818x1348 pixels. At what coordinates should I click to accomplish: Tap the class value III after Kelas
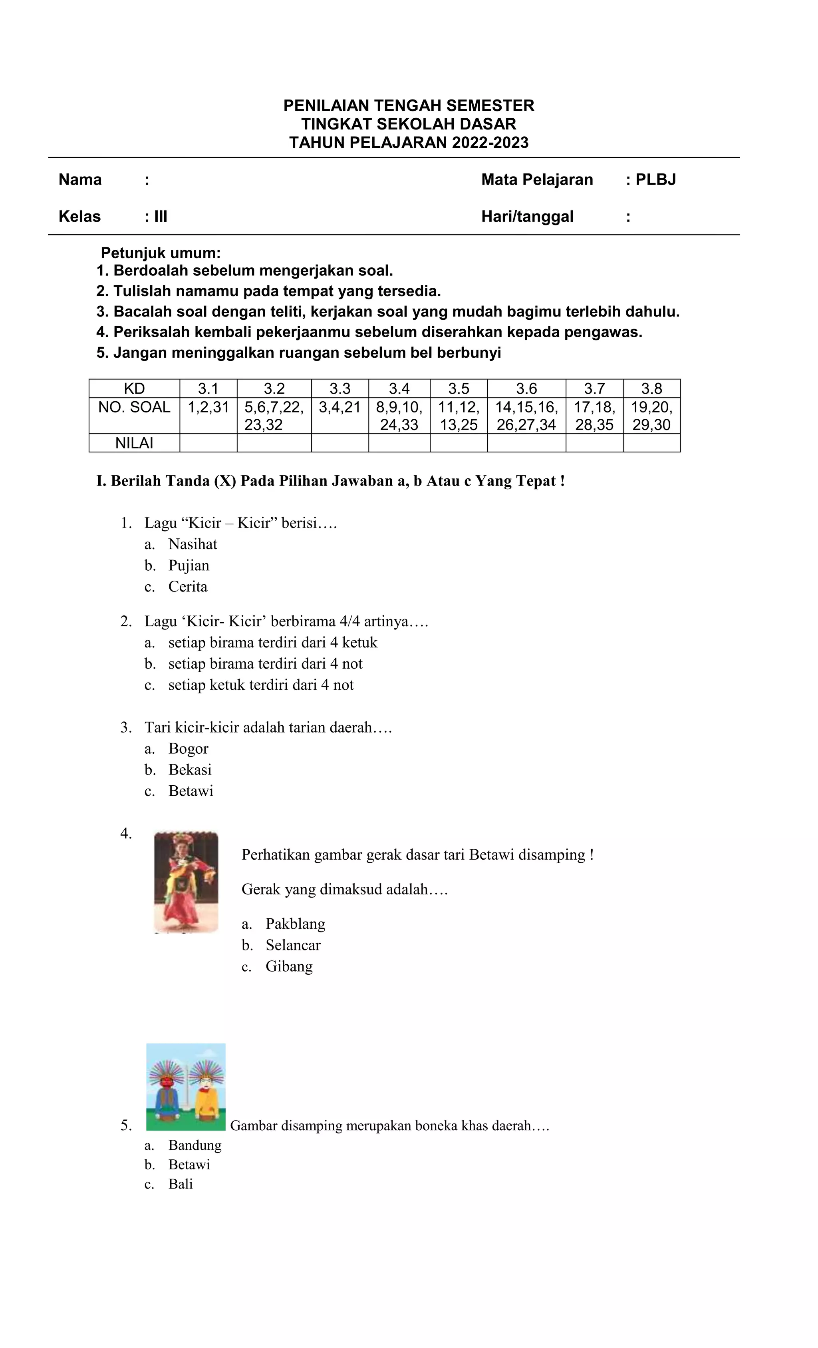tap(160, 217)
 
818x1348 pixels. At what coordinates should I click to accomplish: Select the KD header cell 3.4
tap(399, 388)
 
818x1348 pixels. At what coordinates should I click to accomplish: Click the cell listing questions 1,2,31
tap(208, 407)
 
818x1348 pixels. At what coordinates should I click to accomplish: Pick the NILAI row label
tap(134, 443)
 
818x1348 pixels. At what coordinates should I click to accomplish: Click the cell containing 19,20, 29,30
tap(651, 416)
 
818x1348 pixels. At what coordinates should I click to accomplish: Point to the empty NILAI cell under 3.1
tap(208, 443)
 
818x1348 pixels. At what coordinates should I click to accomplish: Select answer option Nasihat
tap(193, 544)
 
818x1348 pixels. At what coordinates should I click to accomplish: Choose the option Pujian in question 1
tap(189, 565)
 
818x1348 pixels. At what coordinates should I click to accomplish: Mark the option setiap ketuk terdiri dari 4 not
tap(261, 685)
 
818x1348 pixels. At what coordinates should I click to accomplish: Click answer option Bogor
tap(188, 749)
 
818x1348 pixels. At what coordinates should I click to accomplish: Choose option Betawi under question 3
tap(190, 791)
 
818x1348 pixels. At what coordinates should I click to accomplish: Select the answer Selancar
tap(293, 945)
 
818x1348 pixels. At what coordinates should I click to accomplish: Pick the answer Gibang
tap(289, 967)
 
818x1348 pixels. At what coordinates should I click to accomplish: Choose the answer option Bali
tap(181, 1185)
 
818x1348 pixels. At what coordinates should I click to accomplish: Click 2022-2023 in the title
tap(490, 143)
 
